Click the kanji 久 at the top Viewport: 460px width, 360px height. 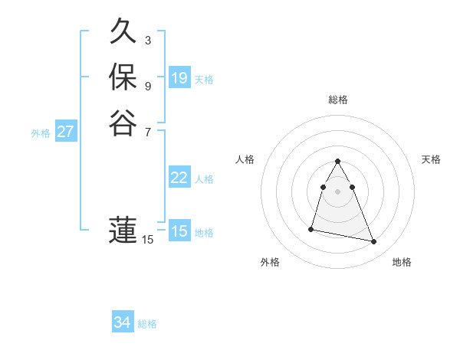[x=123, y=32]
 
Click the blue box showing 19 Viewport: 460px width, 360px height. [x=179, y=78]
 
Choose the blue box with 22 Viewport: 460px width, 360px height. [x=179, y=178]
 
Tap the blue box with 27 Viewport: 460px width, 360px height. [x=66, y=132]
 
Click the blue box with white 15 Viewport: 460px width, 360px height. [x=179, y=231]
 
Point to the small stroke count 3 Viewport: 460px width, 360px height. [x=148, y=40]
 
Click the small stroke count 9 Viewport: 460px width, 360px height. [x=148, y=86]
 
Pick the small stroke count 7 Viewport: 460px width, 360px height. [x=148, y=131]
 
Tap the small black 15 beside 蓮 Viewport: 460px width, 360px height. [x=148, y=240]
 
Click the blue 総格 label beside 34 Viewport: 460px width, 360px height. [x=147, y=324]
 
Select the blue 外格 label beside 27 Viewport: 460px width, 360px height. [x=41, y=133]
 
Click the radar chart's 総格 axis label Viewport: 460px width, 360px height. [x=338, y=100]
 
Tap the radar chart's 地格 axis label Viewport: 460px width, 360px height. [x=402, y=262]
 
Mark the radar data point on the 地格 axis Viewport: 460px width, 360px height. [x=374, y=242]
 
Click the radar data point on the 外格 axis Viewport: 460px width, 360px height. [x=311, y=228]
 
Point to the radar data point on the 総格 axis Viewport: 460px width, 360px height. [x=338, y=162]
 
